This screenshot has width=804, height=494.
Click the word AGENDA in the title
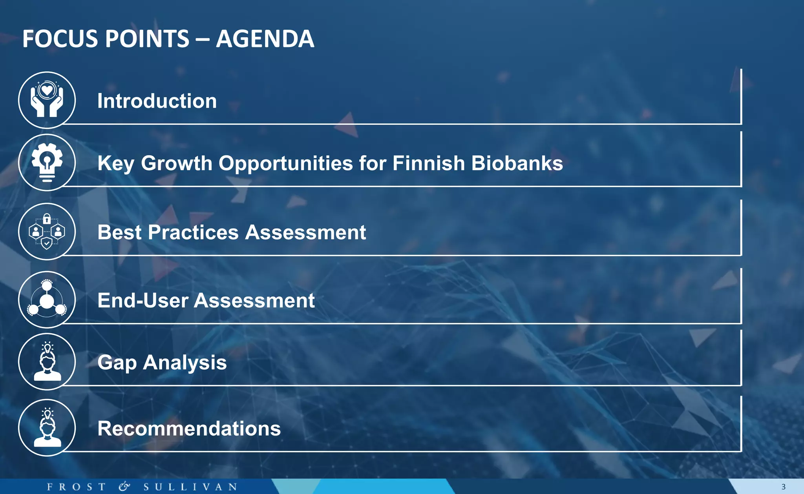tap(265, 39)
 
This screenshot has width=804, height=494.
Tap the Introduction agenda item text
tap(157, 101)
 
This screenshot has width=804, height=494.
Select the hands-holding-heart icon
tap(47, 100)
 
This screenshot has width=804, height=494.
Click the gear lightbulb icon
tap(47, 162)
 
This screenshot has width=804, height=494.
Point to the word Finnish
tap(428, 163)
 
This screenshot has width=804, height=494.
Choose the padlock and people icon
tap(47, 231)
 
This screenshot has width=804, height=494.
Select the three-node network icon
tap(47, 300)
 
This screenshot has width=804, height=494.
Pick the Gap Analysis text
tap(162, 362)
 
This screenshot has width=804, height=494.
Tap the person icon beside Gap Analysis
tap(47, 361)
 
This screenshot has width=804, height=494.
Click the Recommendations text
tap(189, 428)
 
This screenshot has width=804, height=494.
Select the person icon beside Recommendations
tap(47, 427)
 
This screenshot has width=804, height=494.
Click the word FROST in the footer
tap(76, 487)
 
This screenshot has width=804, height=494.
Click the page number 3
tap(783, 487)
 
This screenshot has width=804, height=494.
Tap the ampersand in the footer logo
tap(124, 487)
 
